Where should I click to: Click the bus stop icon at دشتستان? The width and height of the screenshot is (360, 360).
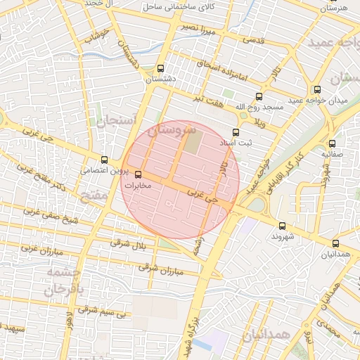point(161,69)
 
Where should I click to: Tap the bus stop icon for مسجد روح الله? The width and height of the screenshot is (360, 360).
point(259,97)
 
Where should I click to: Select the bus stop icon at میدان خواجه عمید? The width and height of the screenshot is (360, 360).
point(317,89)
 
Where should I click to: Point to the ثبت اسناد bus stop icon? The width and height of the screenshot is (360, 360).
point(236,131)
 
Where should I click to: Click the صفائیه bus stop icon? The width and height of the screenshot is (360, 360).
point(332,143)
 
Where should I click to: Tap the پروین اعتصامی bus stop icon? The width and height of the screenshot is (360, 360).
point(105,160)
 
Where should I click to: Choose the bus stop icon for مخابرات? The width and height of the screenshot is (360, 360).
point(138,174)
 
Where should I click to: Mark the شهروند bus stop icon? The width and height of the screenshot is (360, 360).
point(283,226)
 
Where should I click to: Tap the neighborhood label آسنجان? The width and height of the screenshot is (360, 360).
point(111,121)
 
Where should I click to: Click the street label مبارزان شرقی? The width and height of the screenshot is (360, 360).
point(160,268)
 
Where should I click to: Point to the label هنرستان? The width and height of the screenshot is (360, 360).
point(333,8)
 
